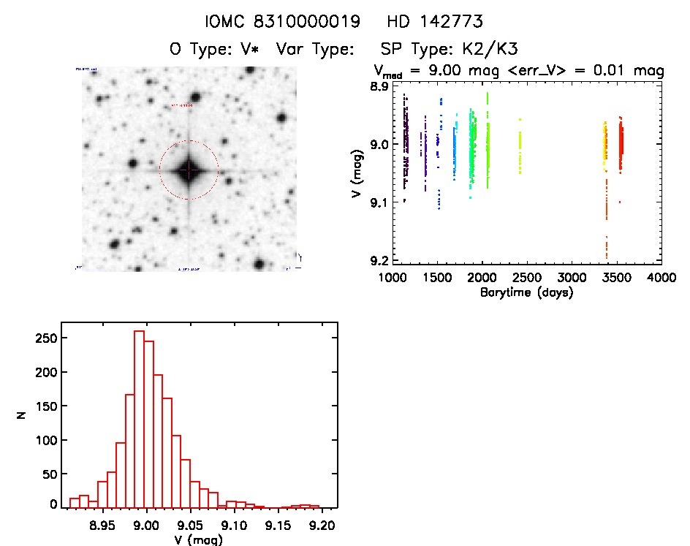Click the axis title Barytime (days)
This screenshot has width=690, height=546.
tap(527, 292)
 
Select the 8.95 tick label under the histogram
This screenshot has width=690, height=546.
tap(103, 525)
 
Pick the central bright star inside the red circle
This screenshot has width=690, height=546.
tap(189, 170)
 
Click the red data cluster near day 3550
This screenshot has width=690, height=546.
tap(621, 146)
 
